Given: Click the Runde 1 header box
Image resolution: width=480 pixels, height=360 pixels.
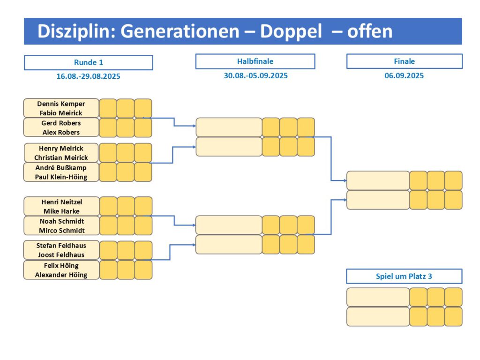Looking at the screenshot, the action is click(89, 62).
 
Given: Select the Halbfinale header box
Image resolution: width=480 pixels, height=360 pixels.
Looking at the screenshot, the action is click(255, 61).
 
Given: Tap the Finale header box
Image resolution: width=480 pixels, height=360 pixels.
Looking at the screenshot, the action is click(405, 61).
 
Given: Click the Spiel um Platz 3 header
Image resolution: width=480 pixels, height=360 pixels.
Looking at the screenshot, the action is click(404, 276).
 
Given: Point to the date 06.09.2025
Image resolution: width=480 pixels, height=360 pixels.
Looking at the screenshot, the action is click(404, 75).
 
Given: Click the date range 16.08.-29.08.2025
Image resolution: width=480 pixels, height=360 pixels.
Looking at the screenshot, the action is click(88, 76).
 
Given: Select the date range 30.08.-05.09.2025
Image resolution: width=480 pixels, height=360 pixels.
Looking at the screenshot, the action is click(255, 75).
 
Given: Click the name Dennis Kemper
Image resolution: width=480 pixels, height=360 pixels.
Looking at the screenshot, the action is click(61, 104).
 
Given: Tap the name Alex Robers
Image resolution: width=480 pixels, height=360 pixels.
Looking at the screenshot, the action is click(61, 132).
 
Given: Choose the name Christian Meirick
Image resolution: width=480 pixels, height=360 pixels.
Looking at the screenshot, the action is click(61, 157).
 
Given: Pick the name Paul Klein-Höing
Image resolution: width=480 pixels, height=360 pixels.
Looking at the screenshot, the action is click(61, 177).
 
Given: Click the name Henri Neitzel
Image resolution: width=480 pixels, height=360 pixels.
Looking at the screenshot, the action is click(62, 202).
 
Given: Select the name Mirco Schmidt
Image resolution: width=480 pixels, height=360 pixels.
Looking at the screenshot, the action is click(62, 231).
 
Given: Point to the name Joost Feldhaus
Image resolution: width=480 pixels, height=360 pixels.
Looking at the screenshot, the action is click(61, 255).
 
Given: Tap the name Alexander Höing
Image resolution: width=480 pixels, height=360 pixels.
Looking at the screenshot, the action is click(61, 275).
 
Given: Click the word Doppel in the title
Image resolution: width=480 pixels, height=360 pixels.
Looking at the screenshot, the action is click(291, 31).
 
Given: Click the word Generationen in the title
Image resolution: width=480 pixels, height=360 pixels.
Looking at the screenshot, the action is click(180, 31).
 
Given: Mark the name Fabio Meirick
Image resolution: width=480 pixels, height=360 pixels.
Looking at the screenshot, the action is click(61, 113).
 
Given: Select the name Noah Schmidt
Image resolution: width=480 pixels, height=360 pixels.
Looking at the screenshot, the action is click(62, 221).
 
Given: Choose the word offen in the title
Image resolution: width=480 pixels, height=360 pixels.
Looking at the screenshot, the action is click(370, 31).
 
